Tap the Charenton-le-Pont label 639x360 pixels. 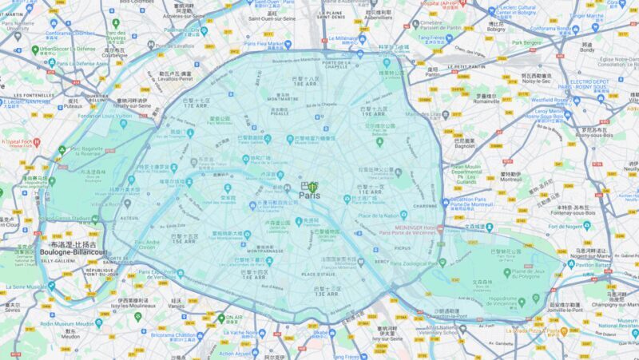tap(445, 315)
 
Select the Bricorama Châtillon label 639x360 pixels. tap(173, 335)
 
